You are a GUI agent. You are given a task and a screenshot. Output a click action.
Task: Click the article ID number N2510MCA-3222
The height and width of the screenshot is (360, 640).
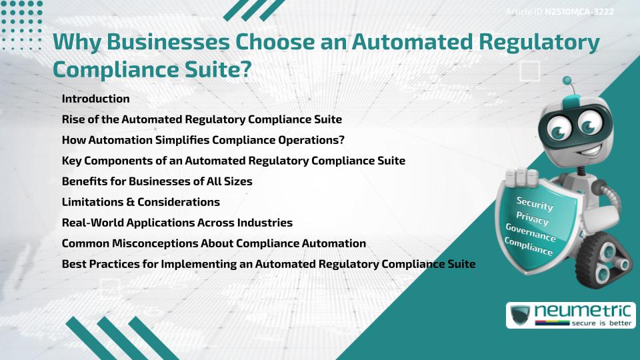579,12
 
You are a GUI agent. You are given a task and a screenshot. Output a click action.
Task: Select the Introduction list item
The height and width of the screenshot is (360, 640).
95,99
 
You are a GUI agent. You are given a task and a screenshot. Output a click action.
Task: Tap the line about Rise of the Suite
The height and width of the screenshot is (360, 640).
201,119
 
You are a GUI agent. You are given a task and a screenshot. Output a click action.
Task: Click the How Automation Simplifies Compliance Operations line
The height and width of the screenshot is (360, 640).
203,140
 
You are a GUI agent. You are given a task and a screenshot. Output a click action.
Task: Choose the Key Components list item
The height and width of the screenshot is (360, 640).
233,161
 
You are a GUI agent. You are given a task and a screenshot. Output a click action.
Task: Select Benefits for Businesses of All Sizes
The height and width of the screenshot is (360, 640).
157,181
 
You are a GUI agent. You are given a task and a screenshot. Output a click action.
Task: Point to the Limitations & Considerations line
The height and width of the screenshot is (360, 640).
141,202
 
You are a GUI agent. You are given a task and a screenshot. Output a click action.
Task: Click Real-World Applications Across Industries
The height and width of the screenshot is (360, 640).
177,223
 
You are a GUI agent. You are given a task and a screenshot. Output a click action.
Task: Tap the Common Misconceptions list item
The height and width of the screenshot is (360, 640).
213,243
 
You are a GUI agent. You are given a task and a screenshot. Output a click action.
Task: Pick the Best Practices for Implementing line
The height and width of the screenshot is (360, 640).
268,264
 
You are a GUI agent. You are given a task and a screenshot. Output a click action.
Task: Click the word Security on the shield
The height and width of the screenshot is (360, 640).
535,204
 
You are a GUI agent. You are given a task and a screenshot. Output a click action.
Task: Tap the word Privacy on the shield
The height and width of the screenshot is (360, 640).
532,219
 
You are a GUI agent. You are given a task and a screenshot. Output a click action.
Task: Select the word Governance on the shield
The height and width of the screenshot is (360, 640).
531,233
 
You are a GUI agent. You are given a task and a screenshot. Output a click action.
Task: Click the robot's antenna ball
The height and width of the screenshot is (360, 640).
568,81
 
